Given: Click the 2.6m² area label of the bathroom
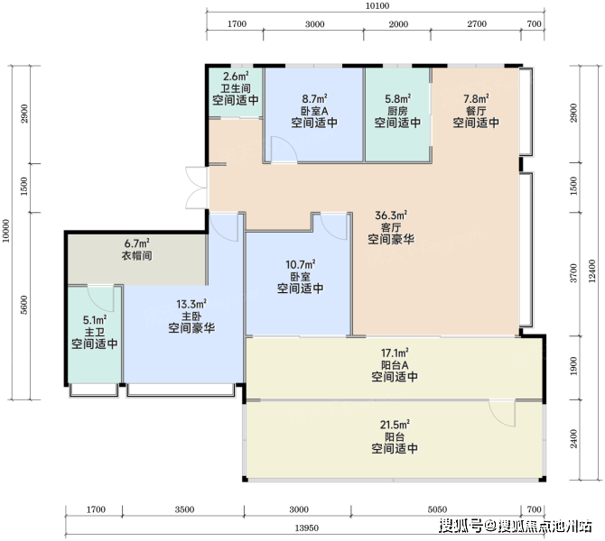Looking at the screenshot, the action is [x=236, y=77].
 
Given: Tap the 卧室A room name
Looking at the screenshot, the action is [x=314, y=111].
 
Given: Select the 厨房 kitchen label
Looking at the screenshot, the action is [x=397, y=111].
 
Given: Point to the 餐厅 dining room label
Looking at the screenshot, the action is [x=476, y=111].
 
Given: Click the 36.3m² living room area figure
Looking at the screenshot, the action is [x=391, y=215].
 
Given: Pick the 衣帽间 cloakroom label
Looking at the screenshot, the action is [x=136, y=255].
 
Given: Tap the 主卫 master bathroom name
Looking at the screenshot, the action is [x=95, y=332].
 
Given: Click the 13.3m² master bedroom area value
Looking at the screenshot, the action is [x=191, y=304].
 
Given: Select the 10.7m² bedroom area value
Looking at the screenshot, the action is [x=300, y=265].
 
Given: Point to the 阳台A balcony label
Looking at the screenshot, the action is [x=395, y=364].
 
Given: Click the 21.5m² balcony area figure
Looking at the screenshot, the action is [x=395, y=425].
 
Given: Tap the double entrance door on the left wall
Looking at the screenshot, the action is [x=197, y=188].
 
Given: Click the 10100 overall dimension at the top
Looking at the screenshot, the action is [x=377, y=5].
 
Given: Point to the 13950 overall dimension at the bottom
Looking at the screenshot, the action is [x=307, y=527].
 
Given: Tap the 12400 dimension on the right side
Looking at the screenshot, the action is [x=592, y=270].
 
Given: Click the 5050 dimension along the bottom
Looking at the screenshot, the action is [x=437, y=509].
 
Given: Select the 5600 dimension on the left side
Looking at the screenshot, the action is [x=23, y=305].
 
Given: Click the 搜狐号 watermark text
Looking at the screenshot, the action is [x=461, y=526].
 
